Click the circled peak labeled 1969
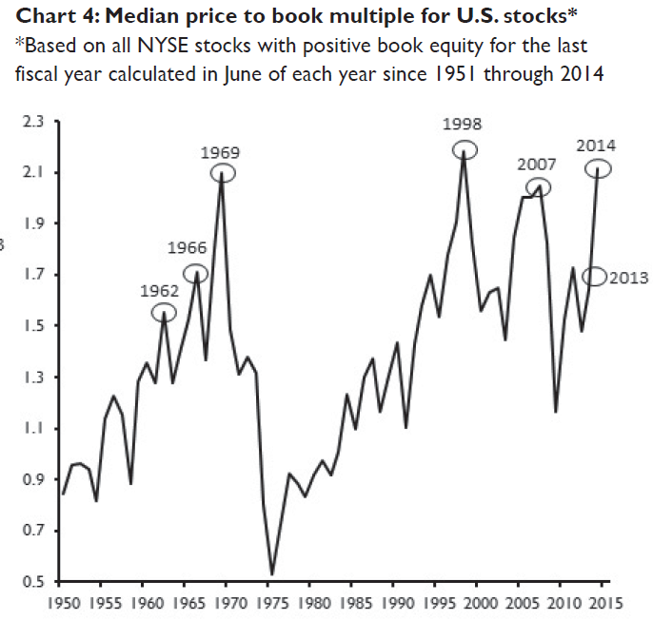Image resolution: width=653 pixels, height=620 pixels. point(222,173)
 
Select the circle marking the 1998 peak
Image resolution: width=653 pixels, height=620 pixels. point(464,149)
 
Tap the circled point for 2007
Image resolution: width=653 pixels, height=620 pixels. point(538,186)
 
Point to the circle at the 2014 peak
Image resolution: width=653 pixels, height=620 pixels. point(597,168)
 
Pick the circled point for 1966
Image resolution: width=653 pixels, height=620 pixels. point(195,274)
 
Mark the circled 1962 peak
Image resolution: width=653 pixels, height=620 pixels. point(164,312)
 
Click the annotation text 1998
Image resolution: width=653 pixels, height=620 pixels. point(463,125)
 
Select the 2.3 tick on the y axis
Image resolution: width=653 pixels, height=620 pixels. point(33,122)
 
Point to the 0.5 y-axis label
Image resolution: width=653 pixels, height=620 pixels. point(33,581)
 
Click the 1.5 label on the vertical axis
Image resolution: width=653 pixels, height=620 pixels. point(33,326)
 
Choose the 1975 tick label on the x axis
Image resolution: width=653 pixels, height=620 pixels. point(271,602)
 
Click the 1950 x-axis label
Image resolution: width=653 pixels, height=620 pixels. point(62,602)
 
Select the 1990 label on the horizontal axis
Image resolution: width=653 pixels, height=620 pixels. point(397,602)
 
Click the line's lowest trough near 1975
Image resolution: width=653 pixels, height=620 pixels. point(272,573)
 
